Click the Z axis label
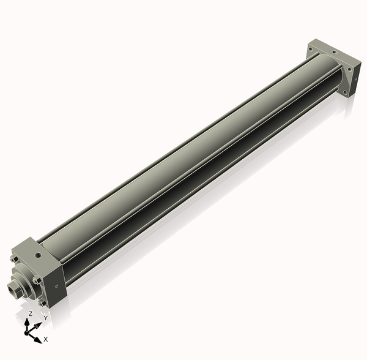coord(30,313)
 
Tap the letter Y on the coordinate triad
coord(46,318)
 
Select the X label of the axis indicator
coord(46,339)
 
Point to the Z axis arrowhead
coord(27,322)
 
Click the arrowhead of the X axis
coord(38,340)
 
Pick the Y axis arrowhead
coord(38,325)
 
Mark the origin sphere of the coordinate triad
coord(26,333)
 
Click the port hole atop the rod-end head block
coord(38,254)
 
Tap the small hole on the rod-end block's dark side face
coord(56,286)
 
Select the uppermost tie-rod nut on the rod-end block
coord(14,259)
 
